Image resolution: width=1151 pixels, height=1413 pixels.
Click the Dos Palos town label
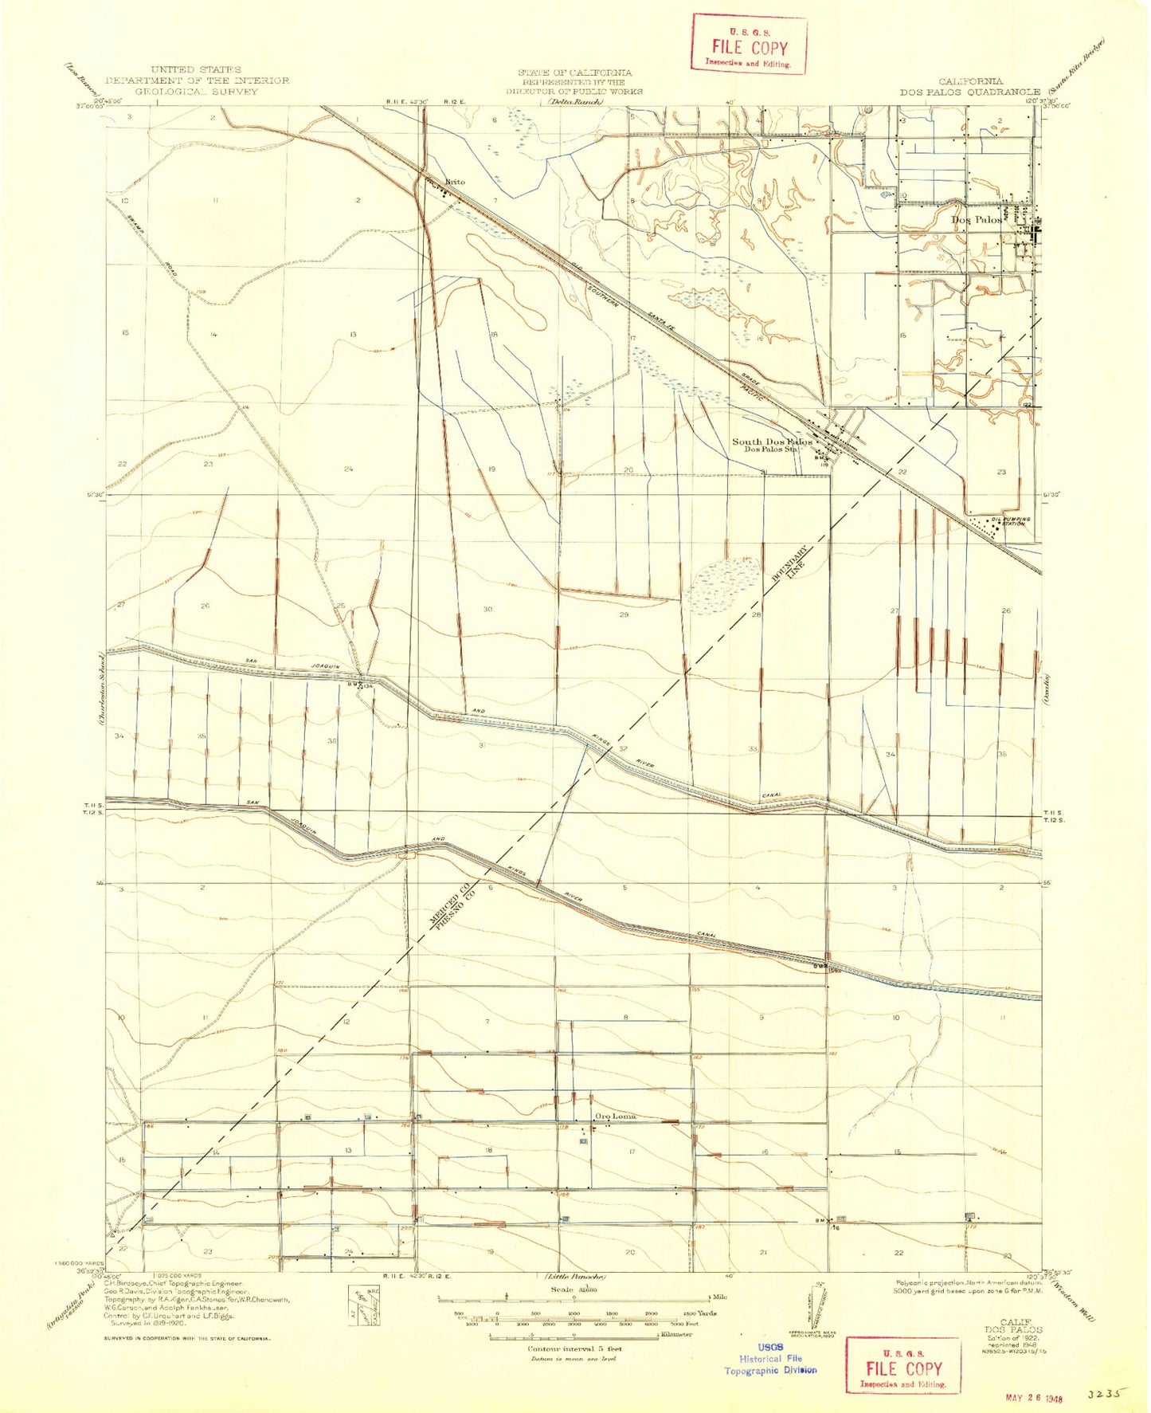977,219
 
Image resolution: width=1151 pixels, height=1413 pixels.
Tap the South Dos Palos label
772,442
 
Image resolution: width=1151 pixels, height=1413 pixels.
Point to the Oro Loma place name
616,1117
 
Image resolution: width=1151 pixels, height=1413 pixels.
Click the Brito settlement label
455,182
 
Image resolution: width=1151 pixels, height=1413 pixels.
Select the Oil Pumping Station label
1008,521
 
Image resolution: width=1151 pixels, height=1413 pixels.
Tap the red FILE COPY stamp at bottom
902,1369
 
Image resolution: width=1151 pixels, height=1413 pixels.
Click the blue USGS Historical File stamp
769,1358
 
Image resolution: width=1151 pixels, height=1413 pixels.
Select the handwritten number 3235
1107,1395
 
